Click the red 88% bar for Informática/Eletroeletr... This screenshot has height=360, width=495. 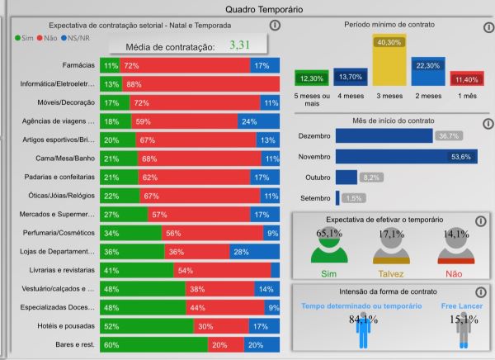(x=198, y=83)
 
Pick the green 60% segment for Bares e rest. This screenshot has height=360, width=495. (x=153, y=345)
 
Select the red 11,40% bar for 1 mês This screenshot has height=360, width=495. (x=465, y=78)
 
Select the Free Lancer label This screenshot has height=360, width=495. (x=461, y=306)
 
